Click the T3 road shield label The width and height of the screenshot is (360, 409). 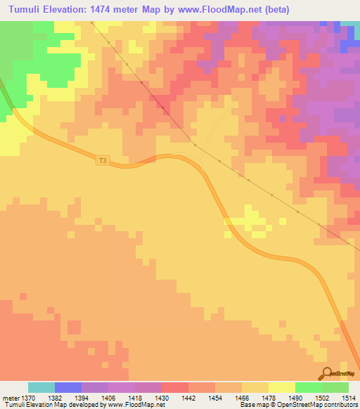103,160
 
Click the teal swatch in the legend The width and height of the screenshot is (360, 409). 41,387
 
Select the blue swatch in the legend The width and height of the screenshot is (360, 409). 68,387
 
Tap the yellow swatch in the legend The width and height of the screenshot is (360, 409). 281,387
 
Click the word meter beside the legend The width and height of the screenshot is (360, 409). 11,398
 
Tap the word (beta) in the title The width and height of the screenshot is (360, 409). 276,10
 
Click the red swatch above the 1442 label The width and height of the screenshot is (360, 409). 175,387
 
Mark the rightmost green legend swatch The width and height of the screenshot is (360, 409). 335,387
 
